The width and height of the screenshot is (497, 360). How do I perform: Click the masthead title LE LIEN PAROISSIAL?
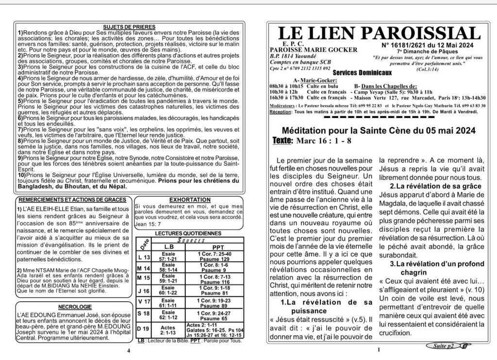[x=379, y=34]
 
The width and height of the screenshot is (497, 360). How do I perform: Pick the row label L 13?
[x=144, y=257]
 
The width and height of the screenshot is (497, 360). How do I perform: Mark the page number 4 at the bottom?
[x=128, y=350]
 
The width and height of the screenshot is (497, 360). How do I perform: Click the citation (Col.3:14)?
[x=454, y=69]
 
